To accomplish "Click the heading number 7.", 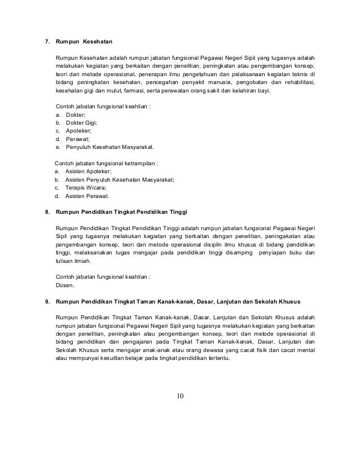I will (47, 42).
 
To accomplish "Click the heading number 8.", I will (47, 211).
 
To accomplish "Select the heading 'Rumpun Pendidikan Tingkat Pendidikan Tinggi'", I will (121, 211).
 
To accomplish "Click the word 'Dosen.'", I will (64, 285).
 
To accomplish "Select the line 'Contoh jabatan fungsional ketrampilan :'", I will (106, 162).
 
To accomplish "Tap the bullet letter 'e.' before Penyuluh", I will (58, 146).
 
